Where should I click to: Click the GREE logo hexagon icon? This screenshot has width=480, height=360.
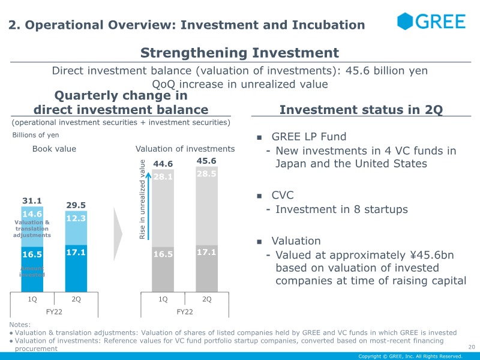coord(406,22)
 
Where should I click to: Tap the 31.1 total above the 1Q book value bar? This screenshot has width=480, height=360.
coord(32,202)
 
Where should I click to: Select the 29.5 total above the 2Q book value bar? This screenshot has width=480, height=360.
coord(76,205)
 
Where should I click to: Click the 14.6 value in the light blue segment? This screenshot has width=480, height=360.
coord(32,214)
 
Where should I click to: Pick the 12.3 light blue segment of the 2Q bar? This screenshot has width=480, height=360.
coord(76,218)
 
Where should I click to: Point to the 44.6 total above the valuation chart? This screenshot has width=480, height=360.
coord(163,164)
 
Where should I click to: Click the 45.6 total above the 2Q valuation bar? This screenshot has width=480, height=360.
coord(206,161)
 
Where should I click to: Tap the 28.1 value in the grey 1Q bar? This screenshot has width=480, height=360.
coord(163,176)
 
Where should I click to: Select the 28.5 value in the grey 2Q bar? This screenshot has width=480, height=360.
coord(206,173)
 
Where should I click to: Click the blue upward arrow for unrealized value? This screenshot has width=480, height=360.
coord(148,204)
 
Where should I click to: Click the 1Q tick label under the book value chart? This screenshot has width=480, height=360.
coord(32,299)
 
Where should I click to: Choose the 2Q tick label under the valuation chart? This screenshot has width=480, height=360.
coord(206,299)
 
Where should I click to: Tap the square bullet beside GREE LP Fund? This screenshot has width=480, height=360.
coord(259,137)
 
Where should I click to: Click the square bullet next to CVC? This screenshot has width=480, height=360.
coord(259,196)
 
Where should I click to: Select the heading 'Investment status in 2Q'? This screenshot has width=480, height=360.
coord(361,110)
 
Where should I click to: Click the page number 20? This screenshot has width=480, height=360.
coord(470,347)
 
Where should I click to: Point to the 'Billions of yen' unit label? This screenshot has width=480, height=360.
coord(35,135)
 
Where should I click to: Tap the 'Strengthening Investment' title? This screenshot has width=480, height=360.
coord(239,53)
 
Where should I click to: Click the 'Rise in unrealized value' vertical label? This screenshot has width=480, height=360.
coord(143,200)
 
